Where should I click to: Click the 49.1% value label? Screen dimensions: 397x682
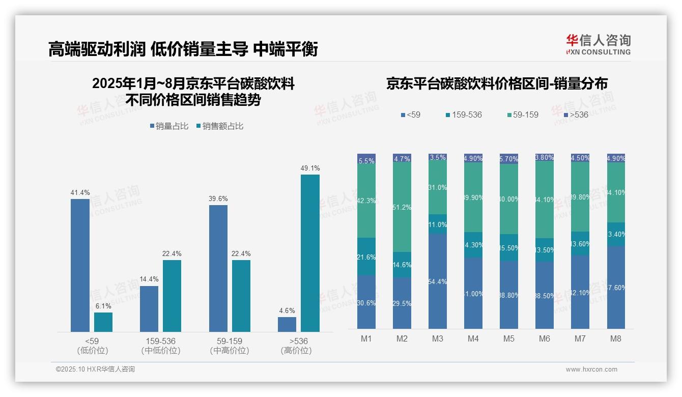coord(310,168)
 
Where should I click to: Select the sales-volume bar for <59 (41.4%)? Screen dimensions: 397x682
coord(80,265)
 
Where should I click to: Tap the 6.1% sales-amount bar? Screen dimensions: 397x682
coord(103,322)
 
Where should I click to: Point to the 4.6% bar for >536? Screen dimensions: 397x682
coord(287,324)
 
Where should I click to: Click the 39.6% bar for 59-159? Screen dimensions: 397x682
coord(218,268)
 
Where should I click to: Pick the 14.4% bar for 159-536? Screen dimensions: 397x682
coord(149,309)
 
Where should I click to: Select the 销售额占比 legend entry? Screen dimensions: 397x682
coord(219,126)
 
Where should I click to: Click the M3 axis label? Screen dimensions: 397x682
coord(438,339)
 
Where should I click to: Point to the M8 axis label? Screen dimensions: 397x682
coord(616,339)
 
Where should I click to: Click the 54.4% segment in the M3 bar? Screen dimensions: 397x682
coord(438,281)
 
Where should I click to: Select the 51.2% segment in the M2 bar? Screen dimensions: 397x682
coord(402,207)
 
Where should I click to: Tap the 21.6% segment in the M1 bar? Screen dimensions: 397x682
coord(366,257)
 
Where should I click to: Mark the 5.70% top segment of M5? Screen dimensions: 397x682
coord(509,159)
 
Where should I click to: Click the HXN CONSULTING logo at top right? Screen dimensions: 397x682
coord(598,45)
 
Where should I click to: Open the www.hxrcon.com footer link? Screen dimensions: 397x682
coord(591,370)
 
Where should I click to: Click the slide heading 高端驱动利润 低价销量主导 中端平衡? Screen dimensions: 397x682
coord(183,49)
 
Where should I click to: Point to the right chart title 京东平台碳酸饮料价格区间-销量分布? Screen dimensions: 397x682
coord(497,84)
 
